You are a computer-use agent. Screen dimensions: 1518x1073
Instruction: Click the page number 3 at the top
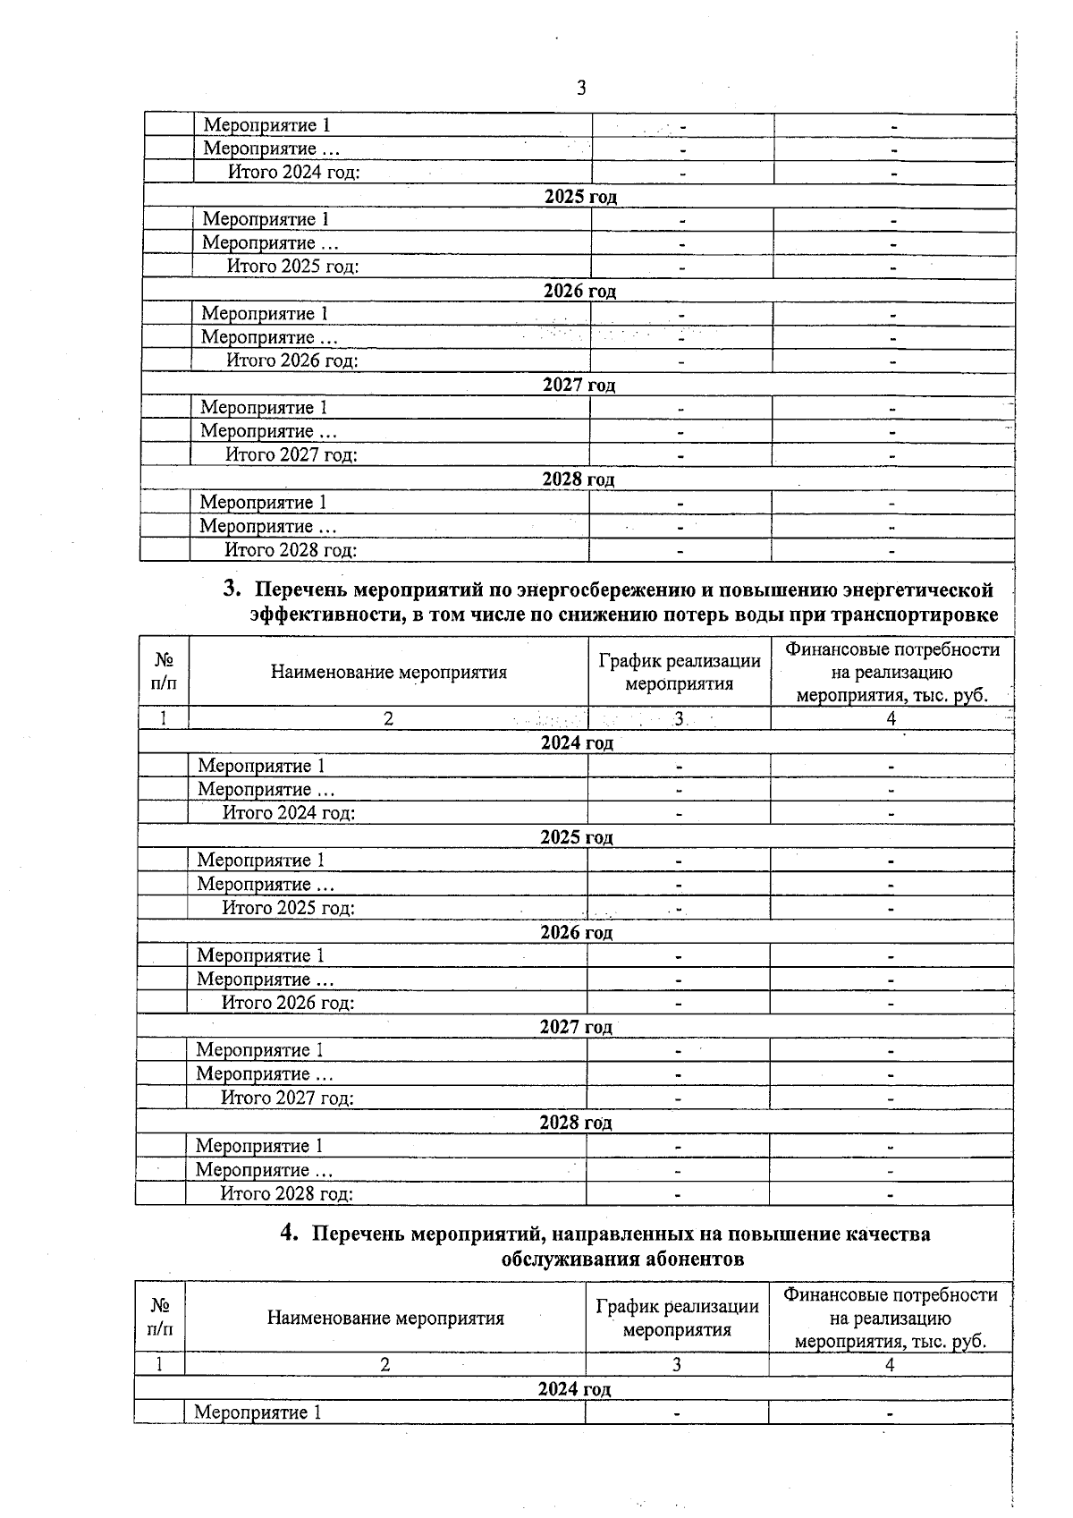click(x=582, y=88)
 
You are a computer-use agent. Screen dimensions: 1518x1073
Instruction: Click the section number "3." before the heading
click(x=232, y=589)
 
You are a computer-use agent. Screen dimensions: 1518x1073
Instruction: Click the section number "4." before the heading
click(x=290, y=1233)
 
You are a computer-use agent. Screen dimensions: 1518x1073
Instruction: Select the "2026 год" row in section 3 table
click(x=576, y=932)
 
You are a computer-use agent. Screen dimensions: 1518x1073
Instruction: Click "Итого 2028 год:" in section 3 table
click(x=287, y=1193)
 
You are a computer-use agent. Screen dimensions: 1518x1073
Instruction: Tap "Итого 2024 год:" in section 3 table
click(x=289, y=813)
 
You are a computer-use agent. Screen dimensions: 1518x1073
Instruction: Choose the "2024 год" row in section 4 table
click(x=574, y=1389)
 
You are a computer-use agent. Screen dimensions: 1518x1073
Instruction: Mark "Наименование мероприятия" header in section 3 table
click(x=388, y=672)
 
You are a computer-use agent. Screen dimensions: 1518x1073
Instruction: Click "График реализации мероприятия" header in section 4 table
click(x=677, y=1318)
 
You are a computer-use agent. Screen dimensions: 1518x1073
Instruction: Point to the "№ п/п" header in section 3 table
click(x=164, y=671)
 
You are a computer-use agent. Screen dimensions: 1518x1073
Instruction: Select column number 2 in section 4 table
click(x=384, y=1364)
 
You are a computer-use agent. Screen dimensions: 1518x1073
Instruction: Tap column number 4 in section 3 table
click(x=891, y=718)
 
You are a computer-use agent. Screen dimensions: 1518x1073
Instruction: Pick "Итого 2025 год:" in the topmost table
click(x=292, y=267)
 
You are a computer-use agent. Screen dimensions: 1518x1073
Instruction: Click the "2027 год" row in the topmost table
click(x=579, y=386)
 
